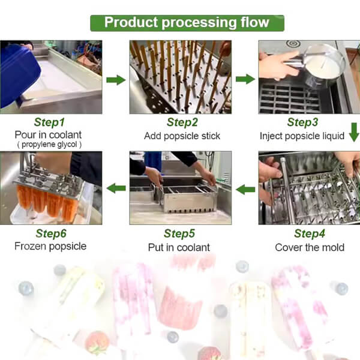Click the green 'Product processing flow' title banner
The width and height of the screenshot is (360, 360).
tap(187, 23)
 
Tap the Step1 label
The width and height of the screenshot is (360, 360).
tap(49, 122)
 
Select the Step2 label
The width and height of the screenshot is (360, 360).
tap(182, 122)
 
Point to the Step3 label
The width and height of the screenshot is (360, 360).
tap(302, 122)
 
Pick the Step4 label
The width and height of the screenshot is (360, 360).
tap(310, 233)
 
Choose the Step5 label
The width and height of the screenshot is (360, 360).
tap(179, 233)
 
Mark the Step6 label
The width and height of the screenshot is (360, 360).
tap(51, 233)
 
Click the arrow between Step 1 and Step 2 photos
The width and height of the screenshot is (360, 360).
tap(116, 80)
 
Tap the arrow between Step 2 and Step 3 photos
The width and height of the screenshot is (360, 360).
tap(245, 79)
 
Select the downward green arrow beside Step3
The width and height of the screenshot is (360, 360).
tap(354, 132)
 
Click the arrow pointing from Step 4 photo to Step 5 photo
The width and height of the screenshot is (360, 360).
tap(245, 190)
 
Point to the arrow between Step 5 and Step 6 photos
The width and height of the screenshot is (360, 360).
tap(116, 188)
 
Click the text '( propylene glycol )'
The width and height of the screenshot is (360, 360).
tap(49, 145)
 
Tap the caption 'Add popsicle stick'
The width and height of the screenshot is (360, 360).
tap(182, 136)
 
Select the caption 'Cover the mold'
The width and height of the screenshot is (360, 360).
tap(310, 247)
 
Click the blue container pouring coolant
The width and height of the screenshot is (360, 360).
tap(20, 76)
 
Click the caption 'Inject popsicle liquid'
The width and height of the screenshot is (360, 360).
tap(302, 136)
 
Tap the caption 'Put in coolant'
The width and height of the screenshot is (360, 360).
tap(179, 247)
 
